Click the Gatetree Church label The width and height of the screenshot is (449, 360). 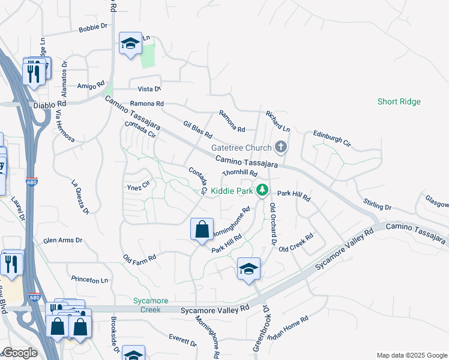coord(240,148)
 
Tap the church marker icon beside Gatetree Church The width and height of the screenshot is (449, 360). coord(280,147)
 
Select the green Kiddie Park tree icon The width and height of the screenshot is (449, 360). coord(262,190)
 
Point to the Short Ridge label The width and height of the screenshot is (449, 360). coord(399,101)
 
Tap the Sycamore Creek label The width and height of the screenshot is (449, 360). coord(151,305)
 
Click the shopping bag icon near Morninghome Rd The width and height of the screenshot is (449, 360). coord(202,230)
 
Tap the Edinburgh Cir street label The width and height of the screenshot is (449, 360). coord(330,139)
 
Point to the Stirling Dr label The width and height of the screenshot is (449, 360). coord(377,204)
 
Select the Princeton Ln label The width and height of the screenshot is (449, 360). coord(89,280)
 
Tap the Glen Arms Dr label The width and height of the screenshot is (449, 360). coord(62,240)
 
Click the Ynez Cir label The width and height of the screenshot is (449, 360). coord(137,187)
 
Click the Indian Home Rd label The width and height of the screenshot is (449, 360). coord(288,327)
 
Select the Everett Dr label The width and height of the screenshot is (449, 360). coord(182,340)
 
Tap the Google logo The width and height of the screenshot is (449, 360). coord(20,353)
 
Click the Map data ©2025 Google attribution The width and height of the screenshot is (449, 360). coord(411,355)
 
